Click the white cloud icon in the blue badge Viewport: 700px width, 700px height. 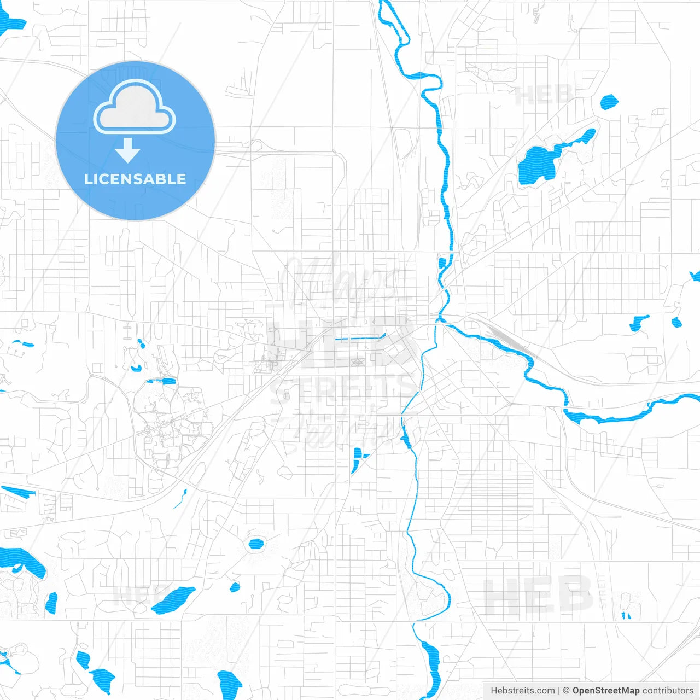135,107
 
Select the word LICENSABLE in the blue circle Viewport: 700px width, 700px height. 135,179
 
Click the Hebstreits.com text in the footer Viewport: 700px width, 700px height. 522,691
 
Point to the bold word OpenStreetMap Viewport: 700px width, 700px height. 605,691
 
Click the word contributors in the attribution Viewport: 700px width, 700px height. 667,691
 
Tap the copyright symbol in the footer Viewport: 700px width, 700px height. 566,691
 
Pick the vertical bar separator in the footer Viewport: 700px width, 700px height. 558,691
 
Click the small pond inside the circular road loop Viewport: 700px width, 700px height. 255,544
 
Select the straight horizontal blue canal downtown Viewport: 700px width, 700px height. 358,339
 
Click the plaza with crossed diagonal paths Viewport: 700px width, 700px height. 357,361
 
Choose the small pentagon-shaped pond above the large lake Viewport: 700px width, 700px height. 609,102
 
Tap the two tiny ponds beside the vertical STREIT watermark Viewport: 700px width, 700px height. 626,615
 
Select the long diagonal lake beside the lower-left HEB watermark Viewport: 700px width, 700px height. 173,600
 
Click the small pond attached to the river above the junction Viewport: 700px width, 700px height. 442,262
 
